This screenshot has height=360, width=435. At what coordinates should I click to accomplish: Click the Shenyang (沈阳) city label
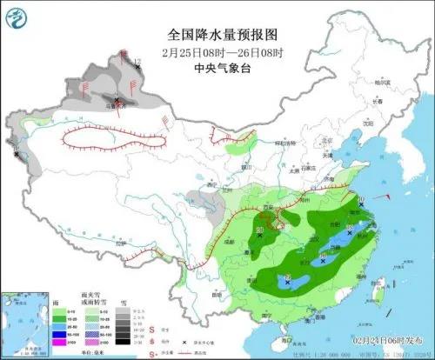tap(366, 123)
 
